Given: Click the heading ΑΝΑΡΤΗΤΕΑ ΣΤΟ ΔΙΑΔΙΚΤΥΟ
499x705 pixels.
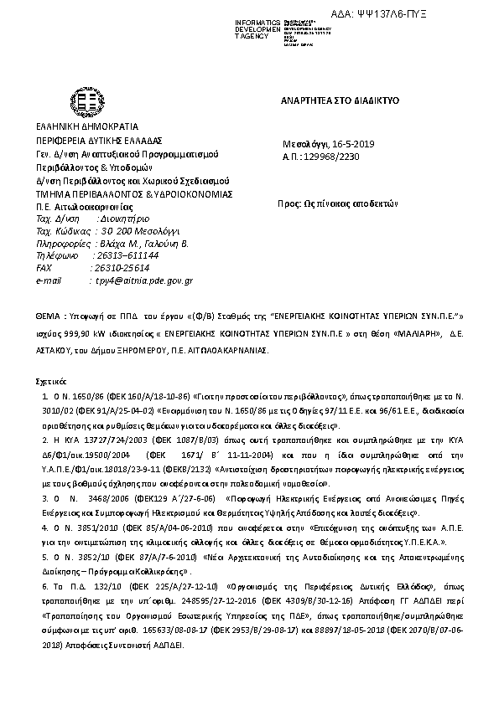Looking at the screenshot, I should point(340,100).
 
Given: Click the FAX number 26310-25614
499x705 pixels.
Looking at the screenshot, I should point(122,268).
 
